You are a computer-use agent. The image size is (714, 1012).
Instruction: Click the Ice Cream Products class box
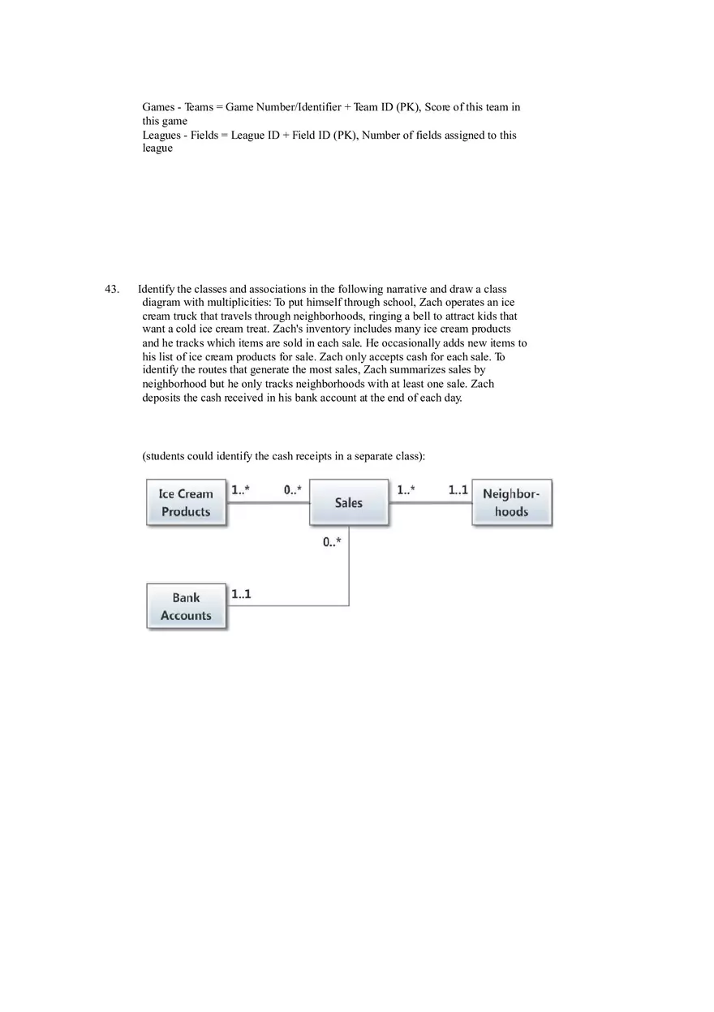pyautogui.click(x=186, y=502)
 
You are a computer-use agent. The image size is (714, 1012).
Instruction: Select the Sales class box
pyautogui.click(x=349, y=502)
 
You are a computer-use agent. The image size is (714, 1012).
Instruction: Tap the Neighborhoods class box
pyautogui.click(x=511, y=502)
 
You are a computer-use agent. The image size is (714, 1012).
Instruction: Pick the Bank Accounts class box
pyautogui.click(x=186, y=606)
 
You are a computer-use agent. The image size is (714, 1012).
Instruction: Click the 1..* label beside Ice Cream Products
pyautogui.click(x=240, y=490)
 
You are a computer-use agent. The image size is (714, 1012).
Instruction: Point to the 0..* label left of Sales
pyautogui.click(x=293, y=490)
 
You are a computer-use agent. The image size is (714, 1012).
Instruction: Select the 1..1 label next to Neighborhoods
pyautogui.click(x=458, y=490)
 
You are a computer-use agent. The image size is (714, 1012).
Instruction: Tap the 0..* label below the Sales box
pyautogui.click(x=332, y=542)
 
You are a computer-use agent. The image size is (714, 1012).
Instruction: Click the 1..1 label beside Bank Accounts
pyautogui.click(x=241, y=594)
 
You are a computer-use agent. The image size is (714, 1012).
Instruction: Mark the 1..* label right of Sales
pyautogui.click(x=406, y=490)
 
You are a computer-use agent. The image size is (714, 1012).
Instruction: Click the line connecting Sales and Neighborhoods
pyautogui.click(x=430, y=503)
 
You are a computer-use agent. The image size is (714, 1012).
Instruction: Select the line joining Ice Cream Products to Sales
pyautogui.click(x=268, y=503)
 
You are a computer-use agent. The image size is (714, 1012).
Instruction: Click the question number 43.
pyautogui.click(x=112, y=289)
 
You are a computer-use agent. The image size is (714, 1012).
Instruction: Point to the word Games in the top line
pyautogui.click(x=158, y=107)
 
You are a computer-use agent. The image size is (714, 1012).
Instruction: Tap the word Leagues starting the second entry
pyautogui.click(x=161, y=135)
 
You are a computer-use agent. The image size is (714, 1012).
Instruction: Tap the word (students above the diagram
pyautogui.click(x=163, y=456)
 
